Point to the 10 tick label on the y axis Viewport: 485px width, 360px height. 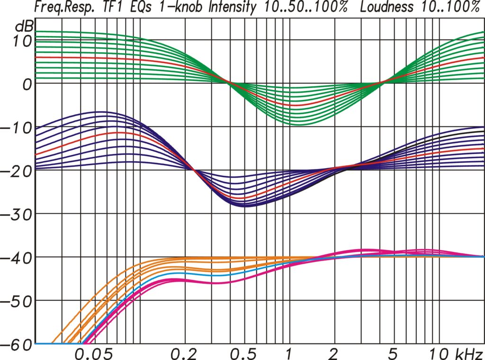point(22,42)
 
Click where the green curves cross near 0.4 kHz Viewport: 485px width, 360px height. point(228,83)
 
